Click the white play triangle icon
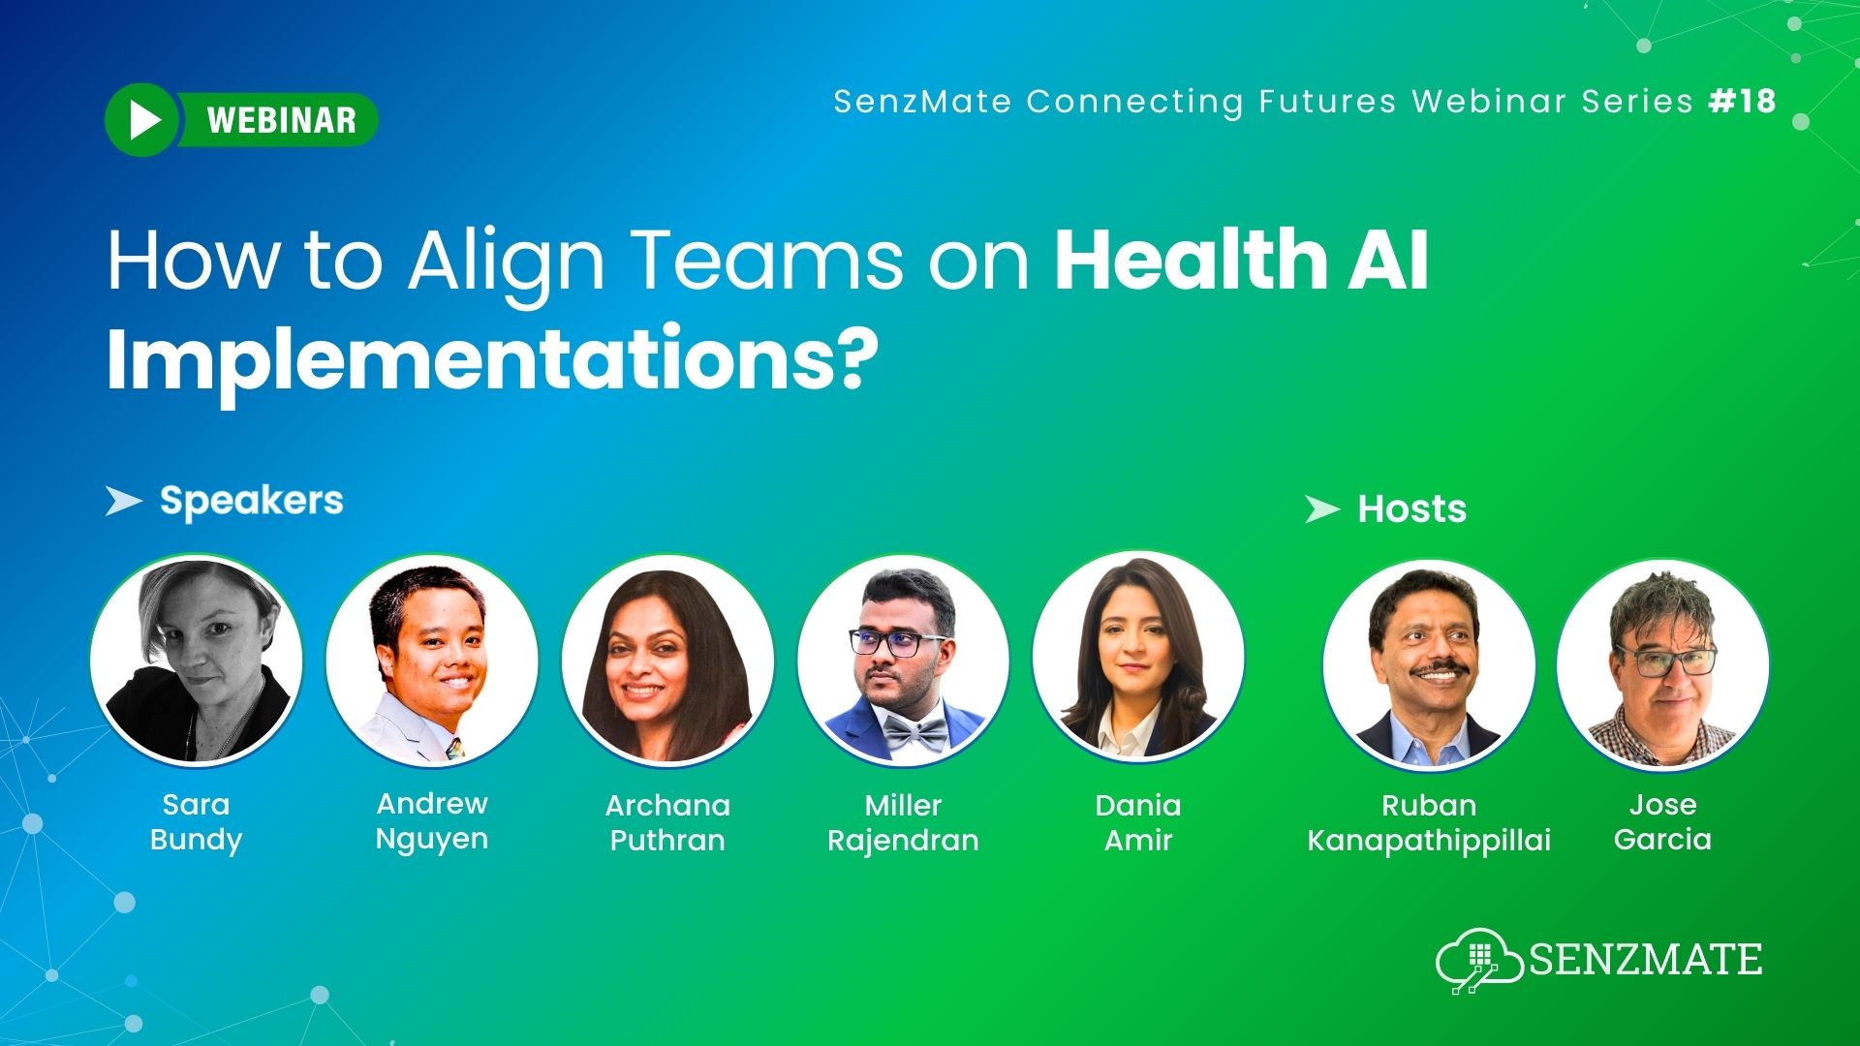(x=145, y=120)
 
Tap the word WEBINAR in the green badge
(x=282, y=120)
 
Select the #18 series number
(x=1743, y=101)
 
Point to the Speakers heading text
(x=251, y=501)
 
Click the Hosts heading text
(x=1411, y=509)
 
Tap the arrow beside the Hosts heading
(x=1321, y=509)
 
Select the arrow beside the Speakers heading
(x=123, y=501)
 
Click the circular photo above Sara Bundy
(x=197, y=661)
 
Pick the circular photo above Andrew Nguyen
(x=432, y=661)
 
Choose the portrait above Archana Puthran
(x=667, y=661)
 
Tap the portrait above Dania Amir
(x=1138, y=659)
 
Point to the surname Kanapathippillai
(x=1429, y=840)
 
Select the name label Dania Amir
(x=1138, y=822)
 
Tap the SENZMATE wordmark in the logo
(x=1645, y=960)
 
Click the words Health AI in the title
(x=1241, y=260)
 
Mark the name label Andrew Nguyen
(x=432, y=821)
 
